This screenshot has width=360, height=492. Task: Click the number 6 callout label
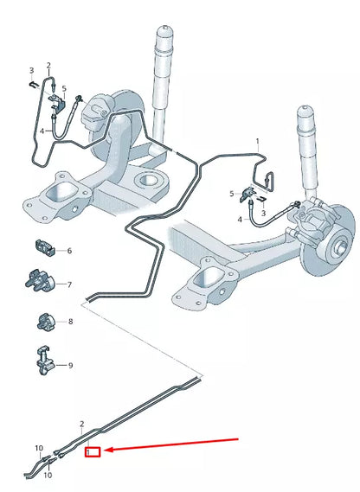click(x=69, y=251)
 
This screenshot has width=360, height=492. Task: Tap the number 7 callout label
click(x=69, y=284)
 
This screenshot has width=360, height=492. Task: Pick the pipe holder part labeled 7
click(x=40, y=283)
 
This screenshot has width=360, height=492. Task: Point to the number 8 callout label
click(x=70, y=322)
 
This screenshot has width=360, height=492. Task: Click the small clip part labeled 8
click(x=45, y=323)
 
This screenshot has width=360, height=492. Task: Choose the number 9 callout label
click(x=70, y=366)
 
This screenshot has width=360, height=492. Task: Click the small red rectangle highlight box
click(x=93, y=450)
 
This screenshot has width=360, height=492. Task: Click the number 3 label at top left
click(x=31, y=70)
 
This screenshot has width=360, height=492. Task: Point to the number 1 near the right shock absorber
click(x=256, y=140)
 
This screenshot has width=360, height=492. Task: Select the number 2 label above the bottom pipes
click(x=82, y=425)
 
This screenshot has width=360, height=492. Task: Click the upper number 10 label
click(x=38, y=448)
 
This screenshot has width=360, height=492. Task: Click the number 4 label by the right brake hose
click(x=241, y=220)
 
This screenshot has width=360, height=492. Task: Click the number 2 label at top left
click(x=48, y=66)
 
